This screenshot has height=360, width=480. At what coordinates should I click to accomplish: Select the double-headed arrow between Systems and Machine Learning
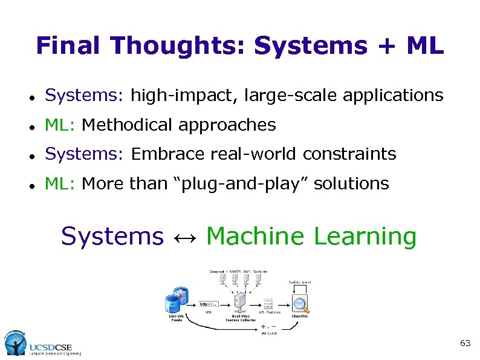(x=184, y=237)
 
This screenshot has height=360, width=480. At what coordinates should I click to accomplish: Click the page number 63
(x=465, y=343)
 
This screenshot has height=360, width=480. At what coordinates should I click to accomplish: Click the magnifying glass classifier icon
(x=300, y=302)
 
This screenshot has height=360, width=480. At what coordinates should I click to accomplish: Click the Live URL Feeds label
(x=177, y=318)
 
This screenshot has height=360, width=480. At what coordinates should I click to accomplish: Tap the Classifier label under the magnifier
(x=300, y=316)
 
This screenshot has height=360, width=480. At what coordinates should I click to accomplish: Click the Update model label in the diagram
(x=300, y=283)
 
